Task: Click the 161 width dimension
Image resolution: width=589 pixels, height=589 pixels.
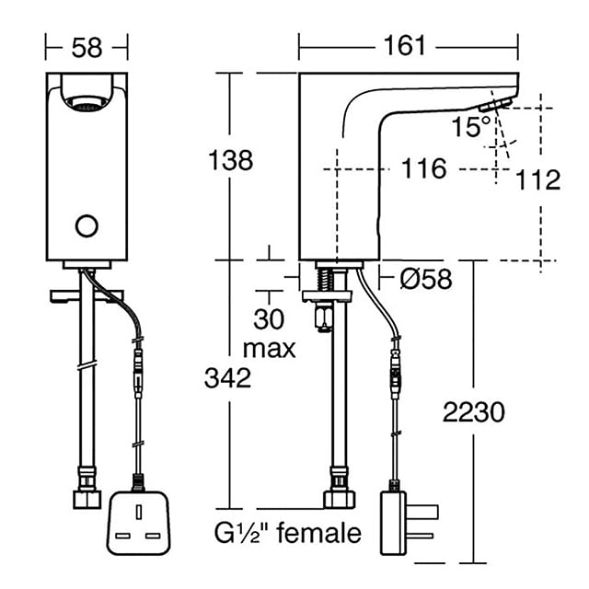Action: coord(405,46)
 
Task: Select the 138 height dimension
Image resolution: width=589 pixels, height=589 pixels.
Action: coord(231,160)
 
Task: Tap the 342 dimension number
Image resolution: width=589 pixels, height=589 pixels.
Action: coord(227,378)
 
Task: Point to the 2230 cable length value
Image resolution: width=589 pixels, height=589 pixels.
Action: coord(474,412)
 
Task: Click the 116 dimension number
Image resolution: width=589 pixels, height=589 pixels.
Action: coord(424,168)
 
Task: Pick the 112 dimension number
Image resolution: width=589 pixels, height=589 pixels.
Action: coord(537,180)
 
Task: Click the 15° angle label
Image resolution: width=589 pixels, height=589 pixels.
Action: coord(471,126)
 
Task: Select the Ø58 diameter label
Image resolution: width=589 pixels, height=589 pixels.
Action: coord(426,279)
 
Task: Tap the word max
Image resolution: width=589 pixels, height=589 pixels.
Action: coord(270,350)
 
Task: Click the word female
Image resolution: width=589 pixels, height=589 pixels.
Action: coord(319,533)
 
